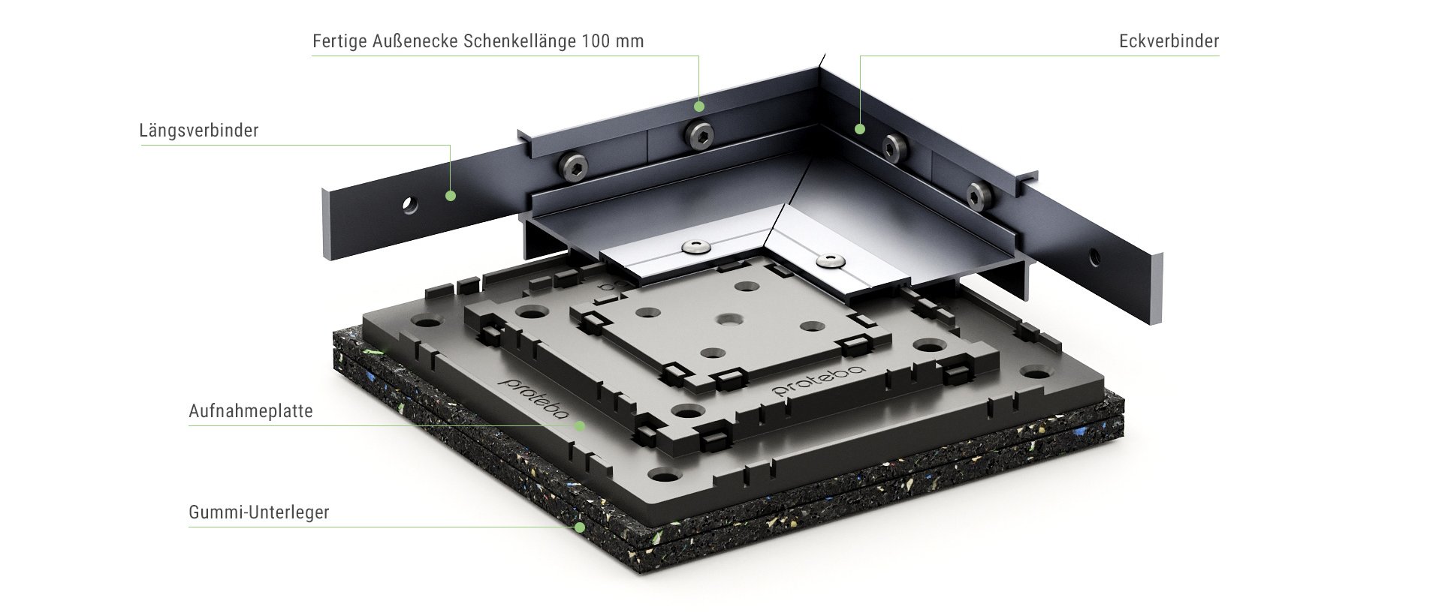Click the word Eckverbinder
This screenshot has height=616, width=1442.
[1169, 41]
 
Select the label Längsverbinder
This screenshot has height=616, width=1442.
[199, 131]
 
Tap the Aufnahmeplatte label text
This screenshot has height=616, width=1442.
[251, 412]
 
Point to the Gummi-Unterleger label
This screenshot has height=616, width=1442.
[259, 513]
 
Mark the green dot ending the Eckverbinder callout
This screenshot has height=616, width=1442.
[861, 129]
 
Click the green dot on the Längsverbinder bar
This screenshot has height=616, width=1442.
[451, 196]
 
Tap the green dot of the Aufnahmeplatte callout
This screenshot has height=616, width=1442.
[580, 426]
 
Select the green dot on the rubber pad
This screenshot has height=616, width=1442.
[580, 527]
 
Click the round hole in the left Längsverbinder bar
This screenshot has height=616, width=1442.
[409, 204]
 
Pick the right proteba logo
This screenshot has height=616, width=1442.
[820, 381]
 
